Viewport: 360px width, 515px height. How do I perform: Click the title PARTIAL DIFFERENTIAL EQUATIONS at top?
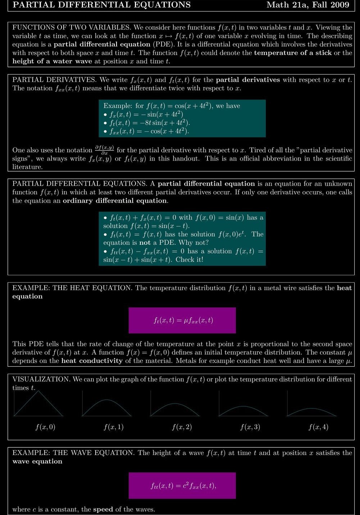(101, 5)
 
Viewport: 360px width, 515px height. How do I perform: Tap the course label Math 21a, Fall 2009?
(308, 5)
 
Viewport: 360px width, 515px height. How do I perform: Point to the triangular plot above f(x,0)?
(38, 404)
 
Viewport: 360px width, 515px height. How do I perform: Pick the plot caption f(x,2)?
(182, 427)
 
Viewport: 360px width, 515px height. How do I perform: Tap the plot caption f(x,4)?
(318, 427)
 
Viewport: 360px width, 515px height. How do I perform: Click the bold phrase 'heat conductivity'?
(92, 361)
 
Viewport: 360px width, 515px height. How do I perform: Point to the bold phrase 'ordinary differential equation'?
(115, 200)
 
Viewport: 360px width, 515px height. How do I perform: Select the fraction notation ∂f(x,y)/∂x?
(104, 150)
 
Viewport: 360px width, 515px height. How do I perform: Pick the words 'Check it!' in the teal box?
(189, 259)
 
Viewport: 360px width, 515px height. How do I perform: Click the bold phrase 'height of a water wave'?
(53, 61)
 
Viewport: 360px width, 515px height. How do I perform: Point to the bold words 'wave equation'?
(37, 461)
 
